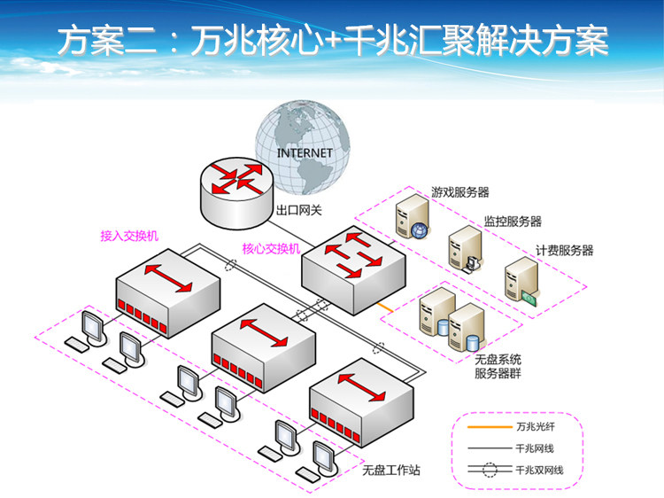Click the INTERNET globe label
pos(305,153)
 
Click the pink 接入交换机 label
pos(129,237)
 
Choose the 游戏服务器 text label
pos(460,191)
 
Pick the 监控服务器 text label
pos(513,222)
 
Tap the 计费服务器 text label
pos(564,251)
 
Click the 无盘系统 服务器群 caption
pos(498,366)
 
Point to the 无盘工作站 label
pos(390,469)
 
